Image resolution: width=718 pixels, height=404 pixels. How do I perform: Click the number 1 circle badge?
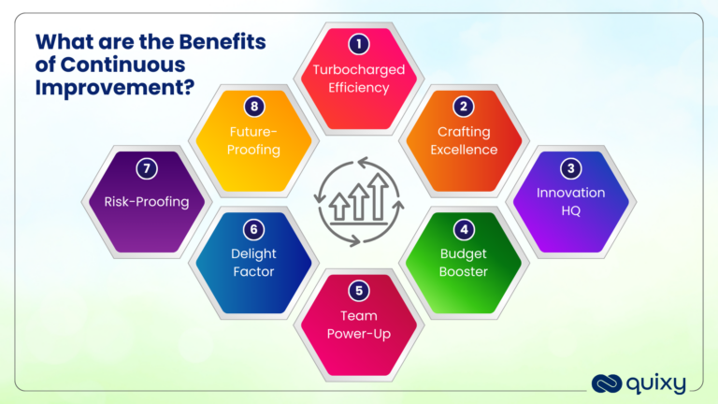[x=359, y=43]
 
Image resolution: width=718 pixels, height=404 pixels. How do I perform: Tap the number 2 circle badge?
[x=464, y=107]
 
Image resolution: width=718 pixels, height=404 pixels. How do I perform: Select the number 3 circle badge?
[x=570, y=169]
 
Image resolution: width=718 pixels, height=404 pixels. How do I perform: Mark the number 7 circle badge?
[x=146, y=169]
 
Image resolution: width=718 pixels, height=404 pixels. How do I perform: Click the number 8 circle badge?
[x=252, y=107]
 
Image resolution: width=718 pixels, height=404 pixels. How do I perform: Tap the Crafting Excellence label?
[x=464, y=140]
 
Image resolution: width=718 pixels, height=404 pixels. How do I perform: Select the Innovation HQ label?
[x=570, y=202]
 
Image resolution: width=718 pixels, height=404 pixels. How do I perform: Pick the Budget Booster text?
[x=464, y=263]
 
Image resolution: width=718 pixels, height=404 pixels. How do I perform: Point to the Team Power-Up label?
[x=359, y=324]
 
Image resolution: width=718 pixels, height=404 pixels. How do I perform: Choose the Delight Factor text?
[x=252, y=263]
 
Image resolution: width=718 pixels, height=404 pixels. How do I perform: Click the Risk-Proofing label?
[x=146, y=201]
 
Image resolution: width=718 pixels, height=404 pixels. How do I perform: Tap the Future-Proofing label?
[x=252, y=141]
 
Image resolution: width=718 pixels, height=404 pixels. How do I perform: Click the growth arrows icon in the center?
[x=359, y=199]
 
